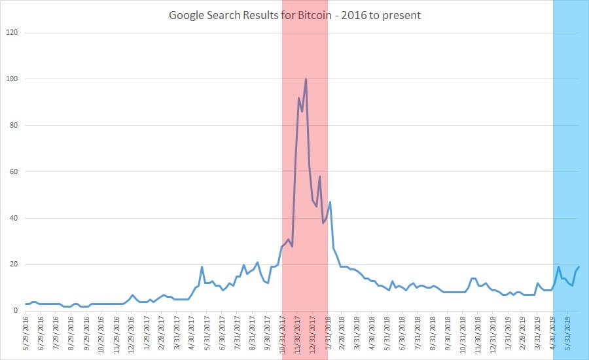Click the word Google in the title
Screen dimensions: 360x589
(x=187, y=14)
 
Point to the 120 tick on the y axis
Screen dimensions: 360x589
(x=12, y=33)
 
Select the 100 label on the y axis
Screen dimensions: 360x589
(x=12, y=79)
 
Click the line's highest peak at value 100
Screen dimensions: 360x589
(x=306, y=79)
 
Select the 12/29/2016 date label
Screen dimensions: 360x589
(x=132, y=334)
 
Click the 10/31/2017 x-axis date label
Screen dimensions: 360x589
(x=282, y=334)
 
